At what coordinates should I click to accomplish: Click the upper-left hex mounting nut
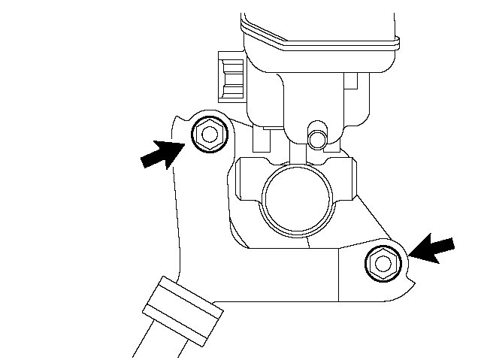(x=208, y=135)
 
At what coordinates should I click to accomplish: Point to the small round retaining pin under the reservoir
(x=318, y=138)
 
